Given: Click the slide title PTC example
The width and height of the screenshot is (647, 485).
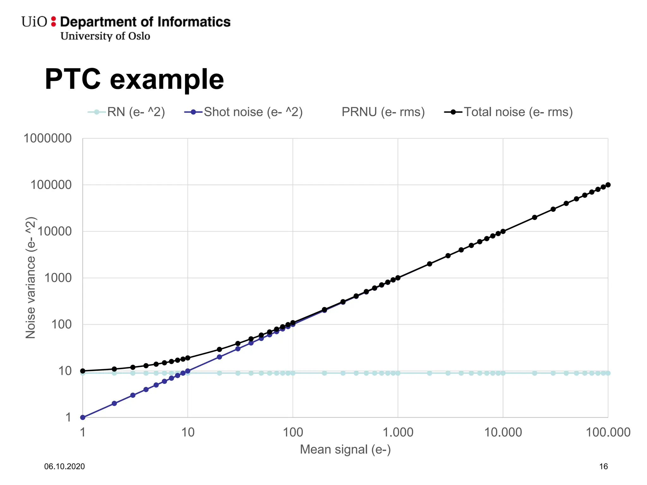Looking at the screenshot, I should pos(134,79).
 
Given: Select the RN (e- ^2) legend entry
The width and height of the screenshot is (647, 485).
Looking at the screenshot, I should pos(126,112).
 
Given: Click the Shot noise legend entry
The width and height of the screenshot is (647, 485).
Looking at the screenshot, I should pos(244,112).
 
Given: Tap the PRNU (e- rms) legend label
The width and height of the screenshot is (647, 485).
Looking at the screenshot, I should pos(383,112).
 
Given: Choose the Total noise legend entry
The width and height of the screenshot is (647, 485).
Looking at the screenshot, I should pos(508,112).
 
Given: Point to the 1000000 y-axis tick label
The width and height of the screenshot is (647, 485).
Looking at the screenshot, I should pos(48,138).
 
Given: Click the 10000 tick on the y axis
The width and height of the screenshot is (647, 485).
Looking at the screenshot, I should pos(55,231).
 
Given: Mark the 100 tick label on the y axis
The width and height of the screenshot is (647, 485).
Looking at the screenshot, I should pos(61,324).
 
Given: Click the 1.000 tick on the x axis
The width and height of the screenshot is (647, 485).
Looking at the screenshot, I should pos(398,432).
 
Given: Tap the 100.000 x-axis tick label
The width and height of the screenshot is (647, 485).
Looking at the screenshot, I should pos(608,432).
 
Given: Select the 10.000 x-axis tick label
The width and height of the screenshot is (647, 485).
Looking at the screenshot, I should pos(503,432).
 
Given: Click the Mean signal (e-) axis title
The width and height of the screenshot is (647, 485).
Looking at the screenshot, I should pos(345,449).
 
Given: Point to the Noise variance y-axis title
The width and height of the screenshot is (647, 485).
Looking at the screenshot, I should pos(31,278).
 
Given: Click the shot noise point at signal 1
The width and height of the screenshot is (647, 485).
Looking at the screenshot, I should pos(83,417).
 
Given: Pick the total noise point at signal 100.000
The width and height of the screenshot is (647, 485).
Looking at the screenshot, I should pos(608,185).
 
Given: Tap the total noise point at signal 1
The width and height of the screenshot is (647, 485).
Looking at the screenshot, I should pos(83,371).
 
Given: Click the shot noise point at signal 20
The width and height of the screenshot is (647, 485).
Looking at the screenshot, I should pos(220,357).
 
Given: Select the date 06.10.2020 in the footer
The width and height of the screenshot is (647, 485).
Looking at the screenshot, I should pos(64,466).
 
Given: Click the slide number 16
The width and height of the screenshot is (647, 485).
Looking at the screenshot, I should pos(603,466).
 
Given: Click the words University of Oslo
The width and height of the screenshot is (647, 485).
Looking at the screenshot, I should pos(105,36).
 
